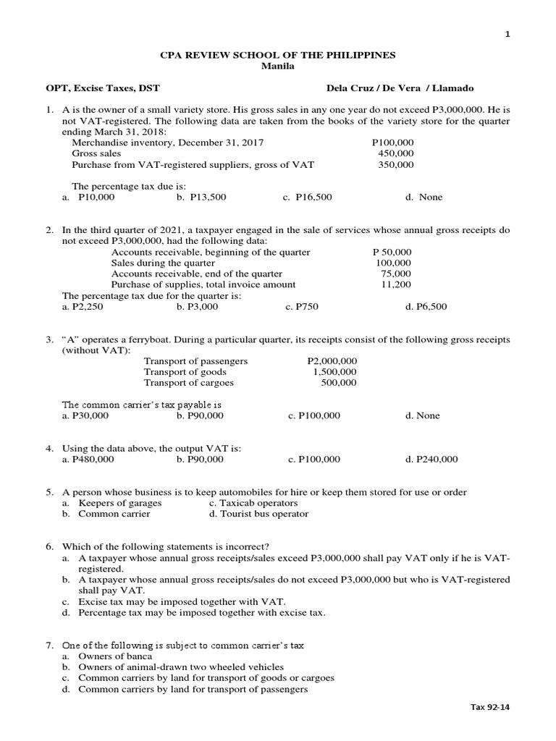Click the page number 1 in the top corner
pos(507,34)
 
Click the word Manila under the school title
pos(277,67)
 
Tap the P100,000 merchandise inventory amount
pos(392,143)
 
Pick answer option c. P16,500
pos(308,197)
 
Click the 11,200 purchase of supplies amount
pos(395,285)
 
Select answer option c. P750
pos(302,307)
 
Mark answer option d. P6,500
pos(426,307)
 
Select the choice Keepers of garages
pos(119,503)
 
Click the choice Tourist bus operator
pos(258,514)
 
